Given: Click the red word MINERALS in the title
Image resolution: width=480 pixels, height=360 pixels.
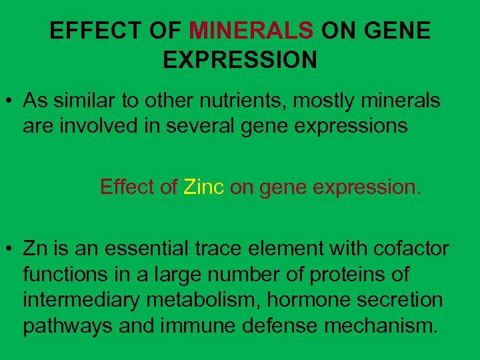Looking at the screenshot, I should tap(251, 31).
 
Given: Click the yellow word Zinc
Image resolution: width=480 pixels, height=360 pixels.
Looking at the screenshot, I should tap(203, 187).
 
